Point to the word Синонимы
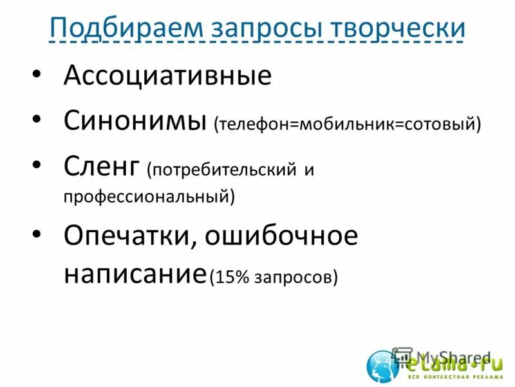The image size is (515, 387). (x=135, y=120)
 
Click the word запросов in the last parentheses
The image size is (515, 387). (x=295, y=277)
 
